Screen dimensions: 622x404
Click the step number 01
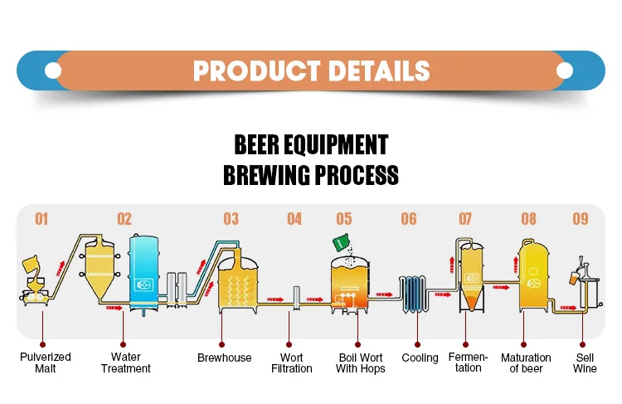41,219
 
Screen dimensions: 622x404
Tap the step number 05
344,219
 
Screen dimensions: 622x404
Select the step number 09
581,219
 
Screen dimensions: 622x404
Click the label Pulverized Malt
46,363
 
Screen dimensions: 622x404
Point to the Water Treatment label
125,363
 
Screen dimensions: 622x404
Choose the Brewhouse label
224,358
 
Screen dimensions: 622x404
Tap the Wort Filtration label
291,363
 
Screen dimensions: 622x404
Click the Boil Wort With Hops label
360,363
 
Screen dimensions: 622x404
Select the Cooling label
420,358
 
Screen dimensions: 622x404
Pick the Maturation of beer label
527,363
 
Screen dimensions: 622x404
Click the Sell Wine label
585,363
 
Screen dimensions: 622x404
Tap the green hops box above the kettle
340,243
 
